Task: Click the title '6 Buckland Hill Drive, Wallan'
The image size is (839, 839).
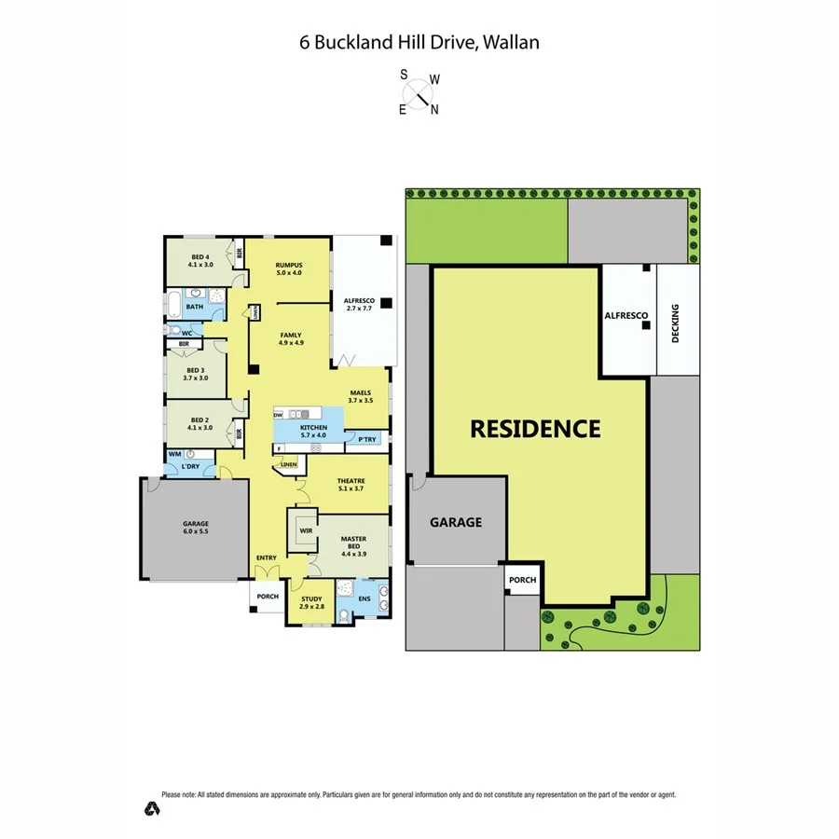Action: pyautogui.click(x=419, y=42)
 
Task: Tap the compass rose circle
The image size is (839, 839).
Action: pyautogui.click(x=419, y=92)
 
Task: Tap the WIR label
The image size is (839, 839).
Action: pyautogui.click(x=305, y=531)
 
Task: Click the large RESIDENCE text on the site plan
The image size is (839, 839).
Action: pyautogui.click(x=535, y=429)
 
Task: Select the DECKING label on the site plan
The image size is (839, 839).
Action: pyautogui.click(x=676, y=324)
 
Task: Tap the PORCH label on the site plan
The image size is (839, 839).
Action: pyautogui.click(x=522, y=580)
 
